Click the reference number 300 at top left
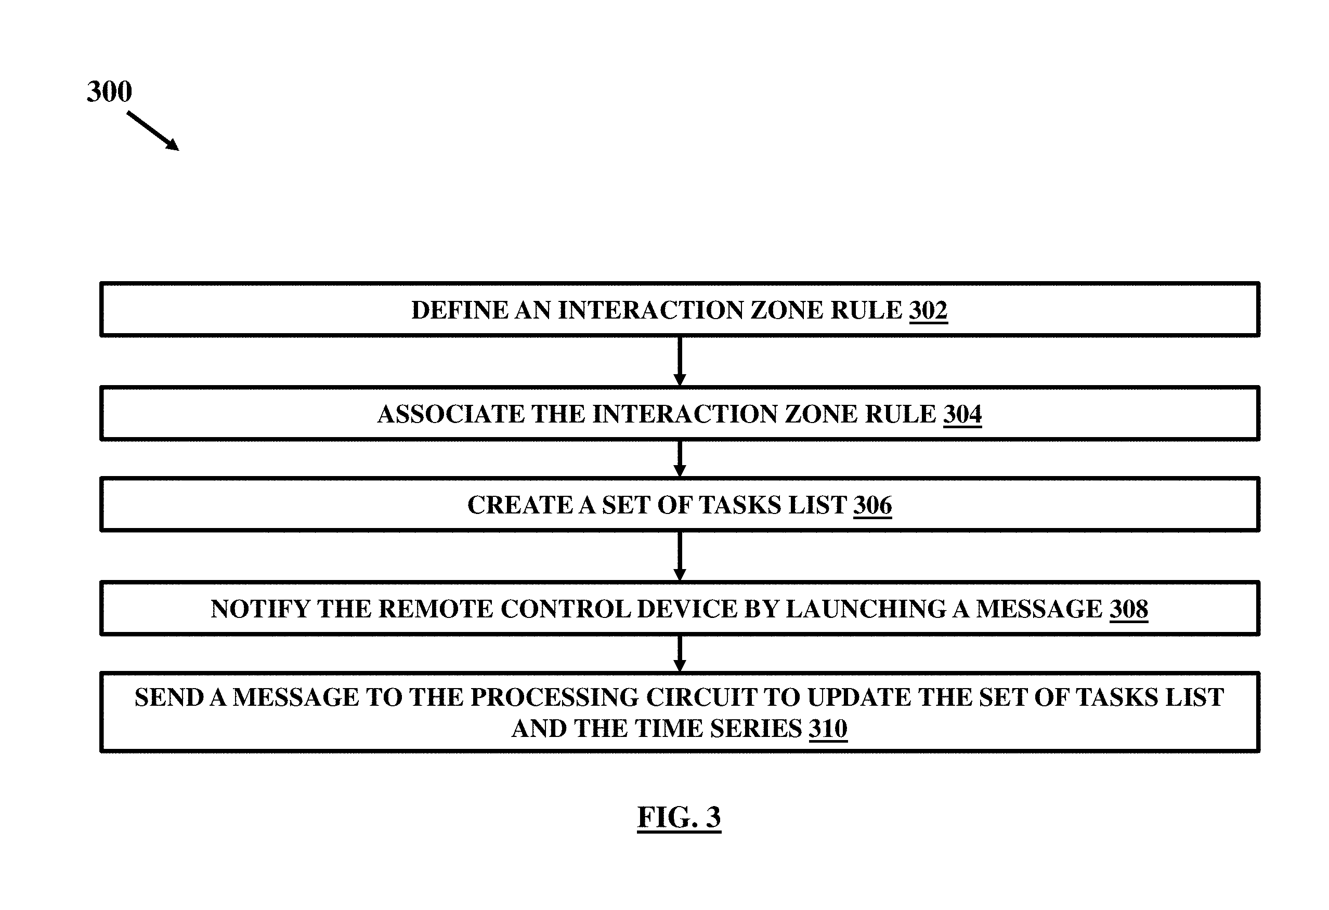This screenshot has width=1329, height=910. (x=109, y=91)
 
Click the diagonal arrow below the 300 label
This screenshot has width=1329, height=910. (x=153, y=131)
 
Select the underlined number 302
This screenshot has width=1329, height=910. (x=928, y=310)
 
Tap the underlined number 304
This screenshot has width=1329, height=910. (x=962, y=414)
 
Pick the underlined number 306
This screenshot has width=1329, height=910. (x=872, y=505)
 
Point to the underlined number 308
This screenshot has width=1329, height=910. (x=1129, y=609)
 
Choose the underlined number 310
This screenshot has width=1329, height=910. (x=828, y=729)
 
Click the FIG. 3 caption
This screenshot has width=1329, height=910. (x=680, y=817)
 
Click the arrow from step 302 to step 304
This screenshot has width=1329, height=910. (x=680, y=361)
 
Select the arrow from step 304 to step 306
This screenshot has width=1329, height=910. (x=680, y=458)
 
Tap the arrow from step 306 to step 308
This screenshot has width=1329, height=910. (x=680, y=556)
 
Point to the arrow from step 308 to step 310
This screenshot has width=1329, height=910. (x=680, y=653)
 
